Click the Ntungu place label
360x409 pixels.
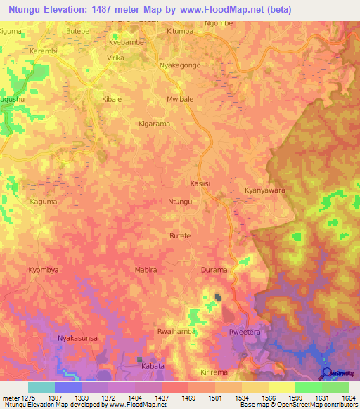click(x=180, y=202)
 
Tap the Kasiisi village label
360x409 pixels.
click(x=200, y=183)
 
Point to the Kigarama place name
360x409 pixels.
click(x=153, y=124)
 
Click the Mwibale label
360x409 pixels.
click(x=180, y=100)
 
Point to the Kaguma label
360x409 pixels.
click(x=44, y=202)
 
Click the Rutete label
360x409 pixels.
click(x=180, y=236)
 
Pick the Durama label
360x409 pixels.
click(x=214, y=270)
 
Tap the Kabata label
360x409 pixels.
click(x=153, y=366)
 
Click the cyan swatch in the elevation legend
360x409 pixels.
click(x=41, y=387)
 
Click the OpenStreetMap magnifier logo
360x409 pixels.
click(x=326, y=372)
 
